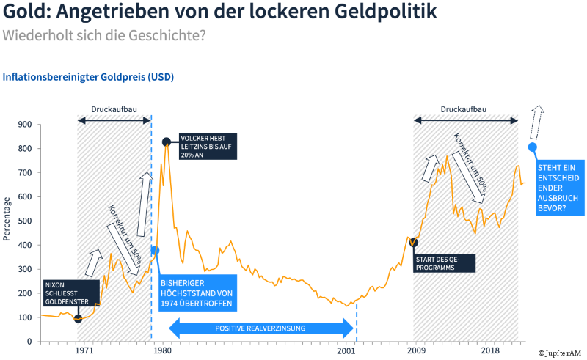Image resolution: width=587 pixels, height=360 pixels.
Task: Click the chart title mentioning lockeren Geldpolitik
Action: coord(220,12)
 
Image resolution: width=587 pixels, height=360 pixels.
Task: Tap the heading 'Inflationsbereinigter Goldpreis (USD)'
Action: coord(89,76)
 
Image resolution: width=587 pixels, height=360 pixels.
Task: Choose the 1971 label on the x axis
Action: coord(84,351)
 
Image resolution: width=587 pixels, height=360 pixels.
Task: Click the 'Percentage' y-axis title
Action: coord(7,218)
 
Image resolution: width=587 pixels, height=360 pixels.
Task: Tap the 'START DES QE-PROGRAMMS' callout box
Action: coord(443,263)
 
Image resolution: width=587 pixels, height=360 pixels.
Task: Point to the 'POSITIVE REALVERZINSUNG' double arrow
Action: coord(260,328)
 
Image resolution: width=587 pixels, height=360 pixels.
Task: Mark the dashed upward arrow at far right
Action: coord(537,122)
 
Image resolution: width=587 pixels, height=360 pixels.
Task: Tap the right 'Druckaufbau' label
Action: coord(463,109)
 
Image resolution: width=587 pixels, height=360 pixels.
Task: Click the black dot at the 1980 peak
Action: coord(167,142)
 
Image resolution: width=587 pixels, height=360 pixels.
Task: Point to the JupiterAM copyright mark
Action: coord(561,353)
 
